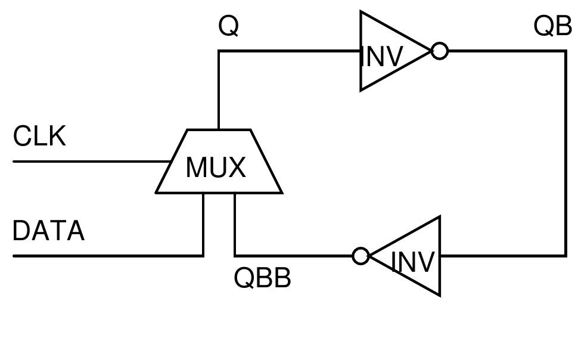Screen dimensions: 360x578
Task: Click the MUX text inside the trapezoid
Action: [216, 167]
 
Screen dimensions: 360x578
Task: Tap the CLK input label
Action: [39, 136]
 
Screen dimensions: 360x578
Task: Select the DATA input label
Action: [48, 231]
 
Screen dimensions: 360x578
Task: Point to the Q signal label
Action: [229, 26]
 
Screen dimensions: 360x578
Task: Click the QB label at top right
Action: [552, 26]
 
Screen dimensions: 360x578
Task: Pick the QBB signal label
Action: [262, 278]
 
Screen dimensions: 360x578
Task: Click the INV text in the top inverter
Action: [383, 57]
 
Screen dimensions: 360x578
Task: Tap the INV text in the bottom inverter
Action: [414, 262]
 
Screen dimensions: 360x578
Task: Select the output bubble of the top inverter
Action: [439, 51]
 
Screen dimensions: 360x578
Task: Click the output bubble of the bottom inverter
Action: [361, 256]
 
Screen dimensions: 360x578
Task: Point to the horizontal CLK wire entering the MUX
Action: [89, 162]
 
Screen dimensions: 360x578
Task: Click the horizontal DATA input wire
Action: [107, 256]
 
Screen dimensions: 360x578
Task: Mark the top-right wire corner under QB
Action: [565, 52]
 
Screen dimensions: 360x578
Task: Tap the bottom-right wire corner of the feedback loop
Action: [565, 256]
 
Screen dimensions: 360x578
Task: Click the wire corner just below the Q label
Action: [219, 52]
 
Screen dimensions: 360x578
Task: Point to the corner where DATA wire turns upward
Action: [203, 255]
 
